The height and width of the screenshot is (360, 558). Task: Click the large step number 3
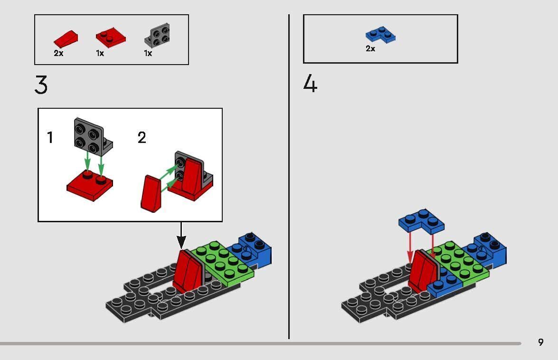coord(41,85)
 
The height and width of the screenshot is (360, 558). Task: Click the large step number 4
coord(310,84)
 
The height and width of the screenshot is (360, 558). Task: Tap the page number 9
coord(540,342)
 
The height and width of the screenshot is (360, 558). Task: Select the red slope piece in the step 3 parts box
coord(66,38)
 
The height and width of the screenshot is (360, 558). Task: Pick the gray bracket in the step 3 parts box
coord(158,36)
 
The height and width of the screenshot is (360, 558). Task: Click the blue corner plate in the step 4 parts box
coord(380,35)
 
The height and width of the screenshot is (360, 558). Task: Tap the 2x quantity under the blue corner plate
coord(370,48)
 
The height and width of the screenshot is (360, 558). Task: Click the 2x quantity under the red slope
coord(58,53)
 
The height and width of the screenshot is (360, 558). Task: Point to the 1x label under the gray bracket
coord(148,53)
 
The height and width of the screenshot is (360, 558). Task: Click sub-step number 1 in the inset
coord(50,138)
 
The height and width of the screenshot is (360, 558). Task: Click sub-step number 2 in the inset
coord(142,138)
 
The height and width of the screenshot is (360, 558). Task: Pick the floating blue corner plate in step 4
coord(422,221)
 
